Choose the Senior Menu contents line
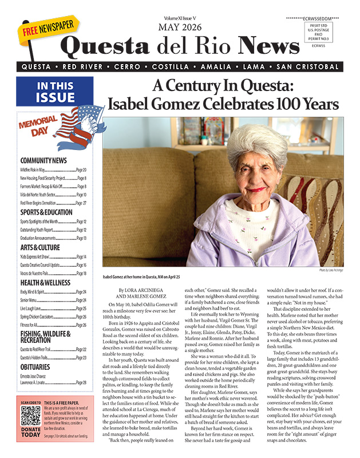(30, 300)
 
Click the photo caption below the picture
(140, 277)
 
